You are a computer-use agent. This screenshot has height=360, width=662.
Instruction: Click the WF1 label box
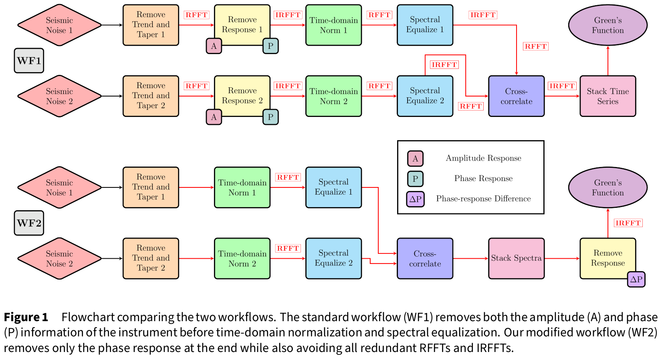pos(29,61)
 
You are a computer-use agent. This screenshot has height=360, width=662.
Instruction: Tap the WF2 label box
pos(29,223)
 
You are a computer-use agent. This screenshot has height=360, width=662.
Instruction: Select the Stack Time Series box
pos(608,96)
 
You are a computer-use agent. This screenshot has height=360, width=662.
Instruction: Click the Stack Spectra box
pos(516,258)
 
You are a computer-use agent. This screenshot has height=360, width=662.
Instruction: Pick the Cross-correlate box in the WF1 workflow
pos(516,96)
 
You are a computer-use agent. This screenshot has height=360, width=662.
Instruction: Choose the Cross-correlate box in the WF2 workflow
pos(425,258)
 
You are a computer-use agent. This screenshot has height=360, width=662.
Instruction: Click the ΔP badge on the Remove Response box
pos(636,279)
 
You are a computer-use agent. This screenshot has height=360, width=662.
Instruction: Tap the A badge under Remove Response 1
pos(214,46)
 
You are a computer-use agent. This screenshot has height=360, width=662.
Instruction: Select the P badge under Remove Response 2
pos(270,117)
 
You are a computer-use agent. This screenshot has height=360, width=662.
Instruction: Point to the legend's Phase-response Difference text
pos(483,199)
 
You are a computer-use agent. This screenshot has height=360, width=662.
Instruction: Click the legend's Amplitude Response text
pos(483,158)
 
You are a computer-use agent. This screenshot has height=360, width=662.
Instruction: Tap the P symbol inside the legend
pos(415,179)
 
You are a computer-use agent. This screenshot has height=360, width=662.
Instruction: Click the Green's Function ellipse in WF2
pos(608,187)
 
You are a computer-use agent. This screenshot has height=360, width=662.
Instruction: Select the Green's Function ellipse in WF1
pos(608,25)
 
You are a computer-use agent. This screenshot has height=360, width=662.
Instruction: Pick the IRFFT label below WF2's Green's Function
pos(628,223)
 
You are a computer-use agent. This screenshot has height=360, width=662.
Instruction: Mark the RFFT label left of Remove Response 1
pos(196,15)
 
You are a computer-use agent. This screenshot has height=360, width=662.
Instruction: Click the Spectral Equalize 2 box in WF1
pos(425,96)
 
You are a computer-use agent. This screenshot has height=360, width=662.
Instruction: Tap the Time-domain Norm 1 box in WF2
pos(242,187)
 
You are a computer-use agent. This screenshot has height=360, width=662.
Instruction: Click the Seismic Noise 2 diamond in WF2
pos(59,258)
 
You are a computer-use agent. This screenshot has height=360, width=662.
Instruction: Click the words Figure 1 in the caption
pos(26,317)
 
